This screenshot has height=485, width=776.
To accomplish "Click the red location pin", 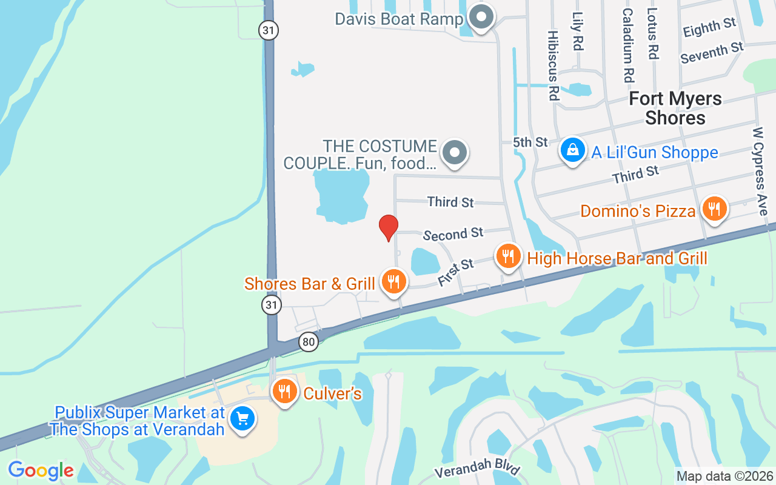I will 389,227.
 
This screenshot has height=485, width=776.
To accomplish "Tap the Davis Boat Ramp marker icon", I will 482,18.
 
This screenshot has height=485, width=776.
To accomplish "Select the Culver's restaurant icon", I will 283,392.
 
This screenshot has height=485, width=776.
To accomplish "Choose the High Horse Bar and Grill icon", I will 509,257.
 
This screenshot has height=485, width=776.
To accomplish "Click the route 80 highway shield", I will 309,342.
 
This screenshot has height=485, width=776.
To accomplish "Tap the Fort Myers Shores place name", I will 675,108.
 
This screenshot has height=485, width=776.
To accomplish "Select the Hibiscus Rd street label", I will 552,65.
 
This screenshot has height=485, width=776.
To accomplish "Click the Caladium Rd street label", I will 627,45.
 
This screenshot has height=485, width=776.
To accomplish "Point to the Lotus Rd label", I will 652,33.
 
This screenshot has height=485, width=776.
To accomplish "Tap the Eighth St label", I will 709,27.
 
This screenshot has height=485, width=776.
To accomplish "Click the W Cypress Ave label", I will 760,171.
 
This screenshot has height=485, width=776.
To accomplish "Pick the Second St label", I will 453,233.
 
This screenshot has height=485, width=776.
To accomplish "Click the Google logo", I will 41,470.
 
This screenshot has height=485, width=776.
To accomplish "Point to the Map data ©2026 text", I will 725,477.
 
